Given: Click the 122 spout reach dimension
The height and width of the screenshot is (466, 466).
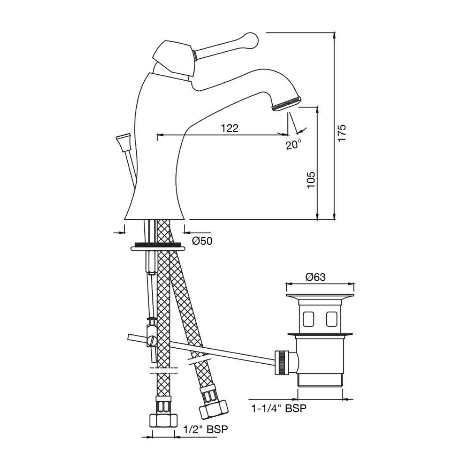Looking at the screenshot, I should coord(229,128).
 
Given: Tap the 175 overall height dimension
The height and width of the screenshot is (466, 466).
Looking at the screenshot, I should coord(341,133).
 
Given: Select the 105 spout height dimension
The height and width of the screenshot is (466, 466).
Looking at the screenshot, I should coord(311,179).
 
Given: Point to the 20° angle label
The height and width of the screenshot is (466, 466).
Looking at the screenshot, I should coord(293,145).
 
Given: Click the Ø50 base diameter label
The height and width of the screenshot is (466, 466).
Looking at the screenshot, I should coord(202,241).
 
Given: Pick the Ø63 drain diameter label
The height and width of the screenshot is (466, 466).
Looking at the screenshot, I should coord(315,277).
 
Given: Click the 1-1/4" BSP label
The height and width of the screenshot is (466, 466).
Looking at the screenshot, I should coord(279,408).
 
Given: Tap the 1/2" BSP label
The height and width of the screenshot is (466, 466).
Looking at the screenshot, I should coord(205,429).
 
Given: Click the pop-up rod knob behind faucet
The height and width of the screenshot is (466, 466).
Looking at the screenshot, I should coord(123,142).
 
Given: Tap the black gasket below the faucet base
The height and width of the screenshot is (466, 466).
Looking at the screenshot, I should coord(157,245).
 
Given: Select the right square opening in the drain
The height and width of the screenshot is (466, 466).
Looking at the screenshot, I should coord(331,319).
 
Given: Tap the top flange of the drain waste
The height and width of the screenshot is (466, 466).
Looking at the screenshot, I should coord(320,297).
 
